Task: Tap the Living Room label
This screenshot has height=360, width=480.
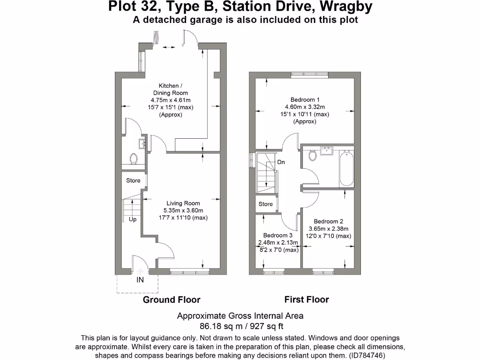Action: [183, 203]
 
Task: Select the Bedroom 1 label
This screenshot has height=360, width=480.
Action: [305, 100]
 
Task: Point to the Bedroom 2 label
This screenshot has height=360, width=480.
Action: [329, 221]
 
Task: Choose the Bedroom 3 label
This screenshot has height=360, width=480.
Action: [277, 235]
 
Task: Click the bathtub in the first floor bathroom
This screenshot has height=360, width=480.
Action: [347, 168]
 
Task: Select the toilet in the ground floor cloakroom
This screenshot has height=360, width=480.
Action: [134, 158]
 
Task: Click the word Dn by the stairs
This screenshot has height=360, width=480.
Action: [281, 162]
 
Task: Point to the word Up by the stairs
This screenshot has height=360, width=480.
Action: [133, 219]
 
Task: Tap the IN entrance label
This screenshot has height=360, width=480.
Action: [140, 280]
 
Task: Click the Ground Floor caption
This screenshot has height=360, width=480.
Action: [172, 300]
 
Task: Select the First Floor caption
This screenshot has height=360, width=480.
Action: [307, 300]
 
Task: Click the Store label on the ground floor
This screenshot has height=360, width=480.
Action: [133, 180]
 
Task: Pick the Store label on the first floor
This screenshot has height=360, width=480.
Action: [266, 204]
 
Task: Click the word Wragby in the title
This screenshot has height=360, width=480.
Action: [342, 7]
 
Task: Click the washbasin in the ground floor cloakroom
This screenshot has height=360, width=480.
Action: [141, 143]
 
